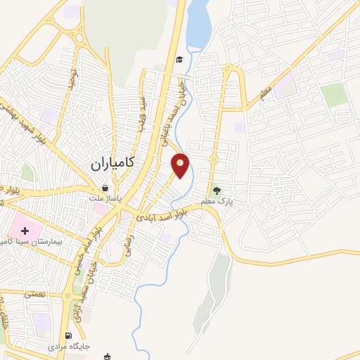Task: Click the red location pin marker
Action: [181, 165]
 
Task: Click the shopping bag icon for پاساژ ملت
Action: [105, 188]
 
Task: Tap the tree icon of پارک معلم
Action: [217, 189]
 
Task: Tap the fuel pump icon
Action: [68, 335]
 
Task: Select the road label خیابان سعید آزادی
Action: [82, 298]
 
